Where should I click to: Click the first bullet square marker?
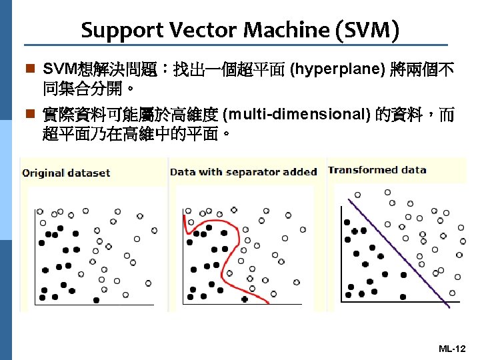[27, 69]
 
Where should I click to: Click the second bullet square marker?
[27, 115]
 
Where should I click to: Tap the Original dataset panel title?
[66, 173]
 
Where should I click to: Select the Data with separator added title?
[243, 172]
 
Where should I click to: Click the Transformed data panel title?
[377, 170]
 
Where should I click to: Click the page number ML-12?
[452, 349]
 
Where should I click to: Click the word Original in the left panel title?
[43, 173]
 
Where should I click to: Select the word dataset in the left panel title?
[89, 173]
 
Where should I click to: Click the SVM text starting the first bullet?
[57, 69]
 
